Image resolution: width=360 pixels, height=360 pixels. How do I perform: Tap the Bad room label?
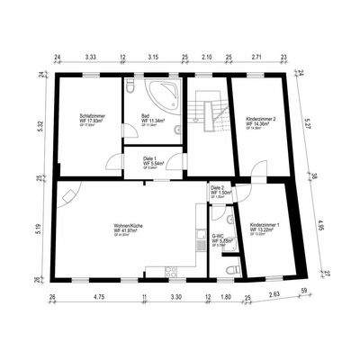(146, 115)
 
